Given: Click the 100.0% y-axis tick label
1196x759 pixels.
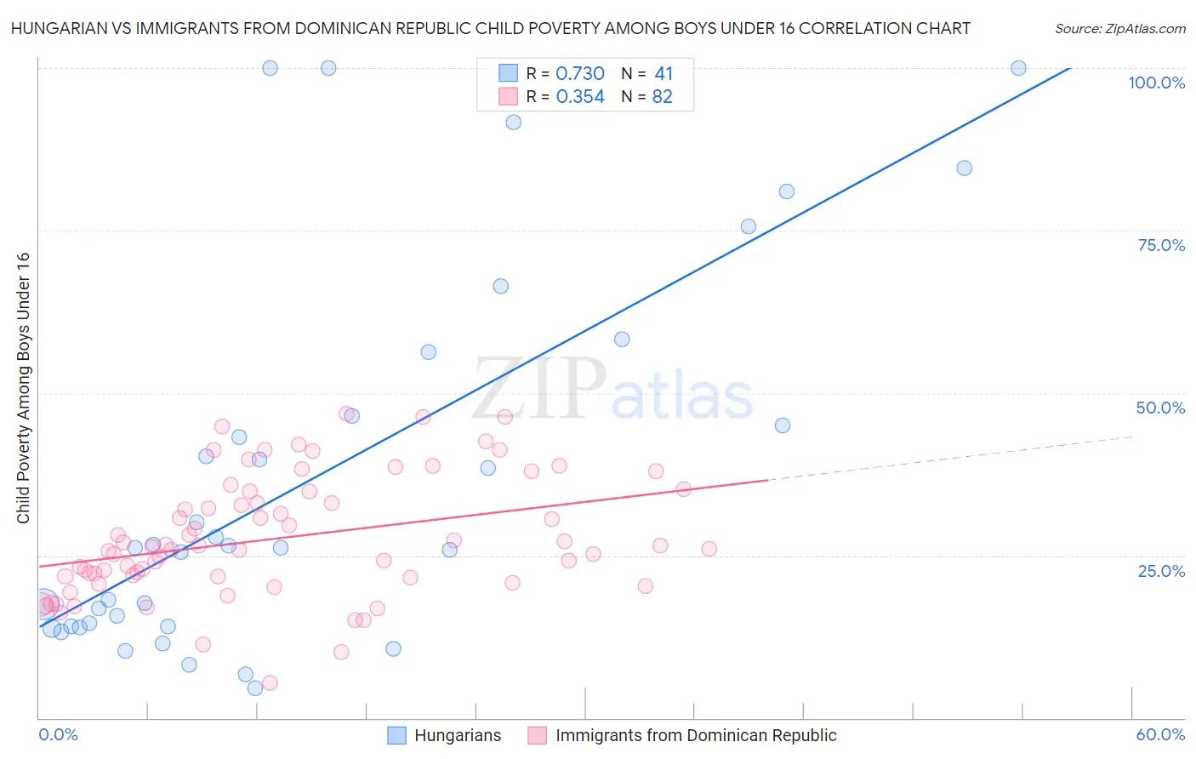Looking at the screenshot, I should point(1156,83).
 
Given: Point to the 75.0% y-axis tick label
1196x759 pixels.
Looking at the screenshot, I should point(1161,245).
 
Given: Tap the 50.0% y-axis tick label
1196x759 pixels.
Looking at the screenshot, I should point(1160,408).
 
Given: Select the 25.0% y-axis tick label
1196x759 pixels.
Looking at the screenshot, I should point(1161,570).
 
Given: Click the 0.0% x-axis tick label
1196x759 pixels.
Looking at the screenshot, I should point(59,734).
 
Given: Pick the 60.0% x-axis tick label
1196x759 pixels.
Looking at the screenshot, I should point(1160,734).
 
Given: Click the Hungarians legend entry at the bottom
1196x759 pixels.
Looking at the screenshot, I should point(458,735).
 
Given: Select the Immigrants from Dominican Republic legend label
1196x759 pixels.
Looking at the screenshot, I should point(696,735).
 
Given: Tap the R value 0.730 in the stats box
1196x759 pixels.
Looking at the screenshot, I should point(580,74).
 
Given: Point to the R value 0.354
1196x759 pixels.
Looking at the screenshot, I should point(580,97).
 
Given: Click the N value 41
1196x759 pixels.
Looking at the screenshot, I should point(663,74).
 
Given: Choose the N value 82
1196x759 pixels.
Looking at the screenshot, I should point(663,97).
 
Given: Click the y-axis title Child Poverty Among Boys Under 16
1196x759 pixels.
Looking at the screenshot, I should point(23,388).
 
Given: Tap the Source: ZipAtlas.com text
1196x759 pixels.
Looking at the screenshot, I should point(1119,29).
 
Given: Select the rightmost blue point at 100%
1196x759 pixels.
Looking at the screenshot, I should point(1018,68).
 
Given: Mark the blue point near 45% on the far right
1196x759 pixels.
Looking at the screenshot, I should point(783,425).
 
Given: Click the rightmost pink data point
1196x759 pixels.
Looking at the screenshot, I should point(709,549).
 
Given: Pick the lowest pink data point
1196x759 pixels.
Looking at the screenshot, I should point(270,682).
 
